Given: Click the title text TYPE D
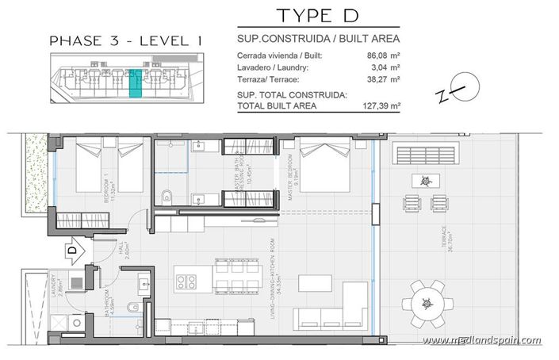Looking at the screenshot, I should [x=318, y=15].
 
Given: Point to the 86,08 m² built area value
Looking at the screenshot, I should [x=384, y=56].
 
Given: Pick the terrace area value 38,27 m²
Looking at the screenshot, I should [x=384, y=79].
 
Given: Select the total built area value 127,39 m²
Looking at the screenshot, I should [x=381, y=105].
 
